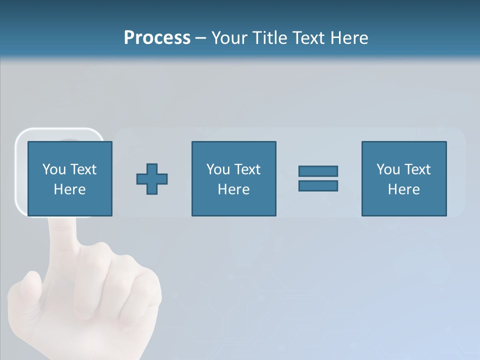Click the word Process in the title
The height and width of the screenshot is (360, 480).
tap(157, 38)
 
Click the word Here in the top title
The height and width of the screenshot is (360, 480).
tap(351, 38)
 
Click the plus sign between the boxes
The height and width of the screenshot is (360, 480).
tap(152, 179)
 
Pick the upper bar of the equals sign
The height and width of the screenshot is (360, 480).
tap(318, 171)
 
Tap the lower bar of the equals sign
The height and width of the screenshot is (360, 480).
tap(318, 186)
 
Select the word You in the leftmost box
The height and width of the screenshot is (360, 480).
tap(54, 169)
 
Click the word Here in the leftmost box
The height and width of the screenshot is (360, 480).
tap(69, 189)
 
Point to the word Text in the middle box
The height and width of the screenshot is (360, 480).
tap(246, 169)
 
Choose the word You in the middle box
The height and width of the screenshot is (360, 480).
tap(218, 169)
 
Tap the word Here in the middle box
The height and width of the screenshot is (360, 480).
tap(233, 189)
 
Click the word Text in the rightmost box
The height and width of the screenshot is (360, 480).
tap(416, 169)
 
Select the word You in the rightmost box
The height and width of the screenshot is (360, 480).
tap(388, 169)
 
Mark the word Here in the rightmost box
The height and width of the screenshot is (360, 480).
tap(403, 189)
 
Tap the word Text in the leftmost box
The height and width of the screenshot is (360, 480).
tap(82, 169)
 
